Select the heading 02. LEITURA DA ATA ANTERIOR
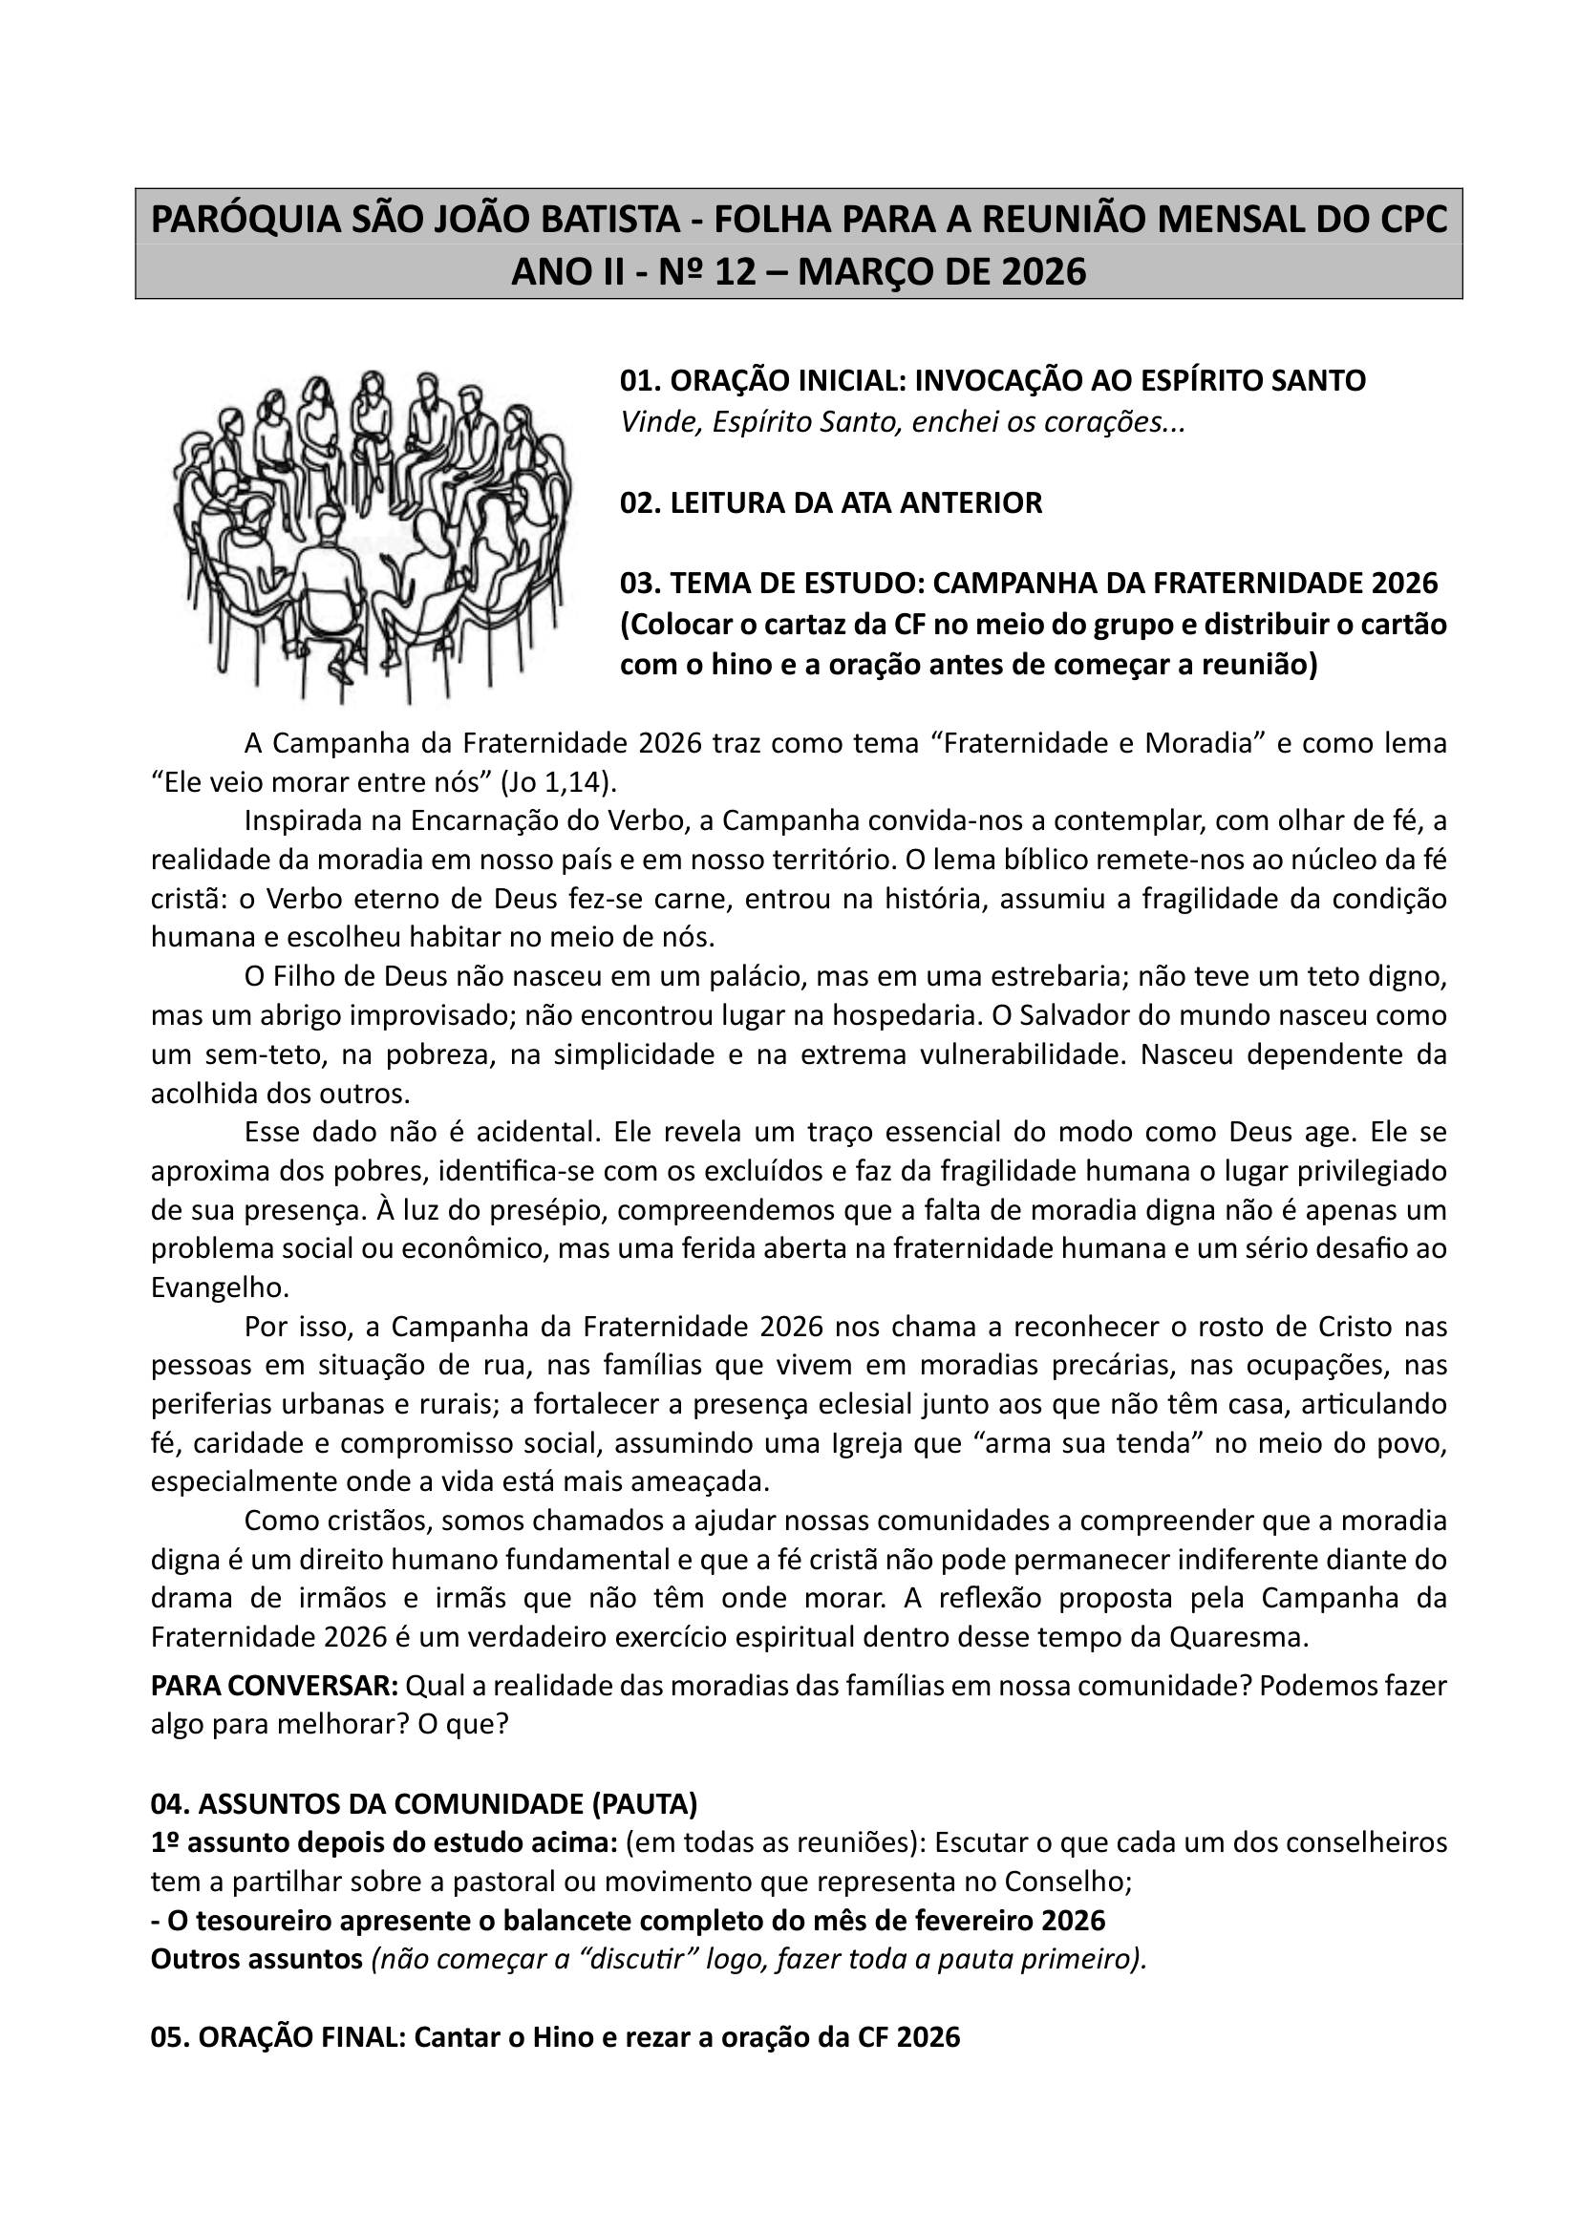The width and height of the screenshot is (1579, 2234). pyautogui.click(x=831, y=503)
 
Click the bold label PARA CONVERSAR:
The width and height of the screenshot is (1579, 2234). pyautogui.click(x=274, y=1685)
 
